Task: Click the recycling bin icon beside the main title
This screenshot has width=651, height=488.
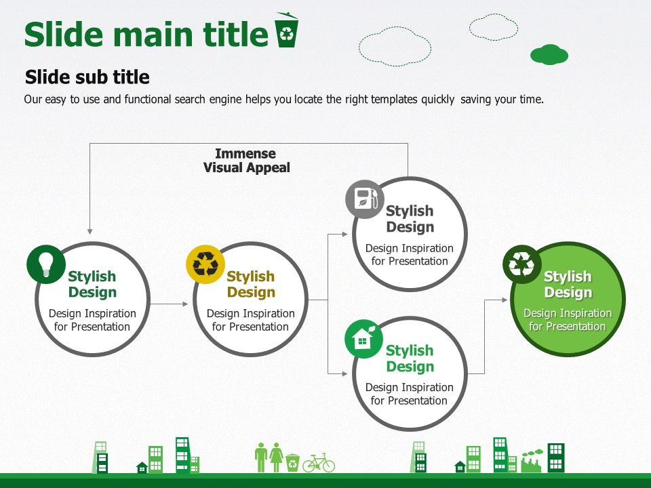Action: tap(286, 30)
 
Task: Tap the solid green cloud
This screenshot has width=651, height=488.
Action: tap(549, 54)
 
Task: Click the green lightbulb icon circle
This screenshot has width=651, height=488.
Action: tap(46, 264)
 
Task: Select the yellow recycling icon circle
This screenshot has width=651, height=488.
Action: tap(205, 264)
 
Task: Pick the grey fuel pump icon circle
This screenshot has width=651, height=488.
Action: tap(365, 199)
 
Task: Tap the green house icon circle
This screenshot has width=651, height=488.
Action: tap(364, 339)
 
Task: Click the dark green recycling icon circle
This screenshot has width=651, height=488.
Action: tap(522, 264)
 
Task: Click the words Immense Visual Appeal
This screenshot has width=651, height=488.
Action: tap(246, 161)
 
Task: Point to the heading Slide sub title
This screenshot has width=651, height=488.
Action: tap(87, 77)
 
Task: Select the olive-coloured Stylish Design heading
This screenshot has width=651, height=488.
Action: tap(251, 284)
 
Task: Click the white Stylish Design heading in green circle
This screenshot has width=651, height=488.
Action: tap(568, 284)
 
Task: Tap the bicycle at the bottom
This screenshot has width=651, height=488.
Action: tap(319, 463)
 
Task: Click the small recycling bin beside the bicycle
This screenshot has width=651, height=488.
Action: tap(293, 462)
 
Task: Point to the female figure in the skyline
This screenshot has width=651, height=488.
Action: tap(276, 457)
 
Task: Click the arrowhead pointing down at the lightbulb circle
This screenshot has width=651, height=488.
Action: tap(90, 232)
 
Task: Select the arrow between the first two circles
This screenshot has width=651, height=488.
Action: tap(169, 304)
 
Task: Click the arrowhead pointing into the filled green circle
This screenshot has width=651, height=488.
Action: tap(505, 300)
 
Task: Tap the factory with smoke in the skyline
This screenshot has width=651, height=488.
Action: tap(532, 461)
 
